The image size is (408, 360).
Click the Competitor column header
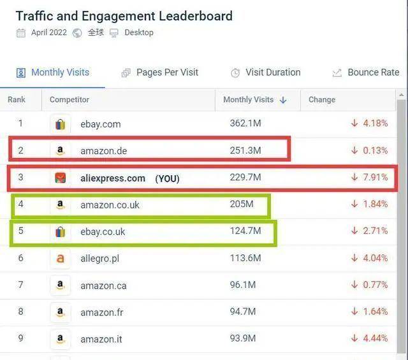point(69,100)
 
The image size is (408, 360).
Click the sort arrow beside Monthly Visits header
point(283,100)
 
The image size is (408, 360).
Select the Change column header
point(322,100)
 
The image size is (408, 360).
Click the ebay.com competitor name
point(100,124)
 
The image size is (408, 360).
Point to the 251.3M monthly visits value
point(245,150)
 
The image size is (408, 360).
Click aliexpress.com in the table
point(113,178)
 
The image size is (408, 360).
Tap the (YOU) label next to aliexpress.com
point(167,179)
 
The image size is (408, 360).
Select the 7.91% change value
point(375,177)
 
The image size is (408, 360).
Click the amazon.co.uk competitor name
point(110,205)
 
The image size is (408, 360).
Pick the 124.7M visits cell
point(245,231)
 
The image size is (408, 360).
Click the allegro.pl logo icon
point(60,259)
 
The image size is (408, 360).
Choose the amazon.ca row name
point(103,285)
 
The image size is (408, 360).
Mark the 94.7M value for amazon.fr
point(243,312)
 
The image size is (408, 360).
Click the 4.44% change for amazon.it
point(375,338)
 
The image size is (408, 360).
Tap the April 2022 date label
point(48,32)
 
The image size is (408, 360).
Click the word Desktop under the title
point(138,32)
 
